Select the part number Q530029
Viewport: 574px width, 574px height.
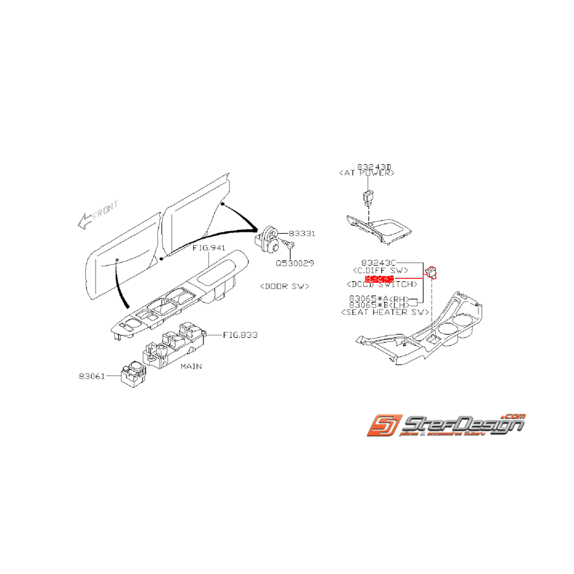pyautogui.click(x=295, y=263)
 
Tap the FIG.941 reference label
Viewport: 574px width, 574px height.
pyautogui.click(x=208, y=248)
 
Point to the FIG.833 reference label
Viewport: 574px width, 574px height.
pyautogui.click(x=240, y=335)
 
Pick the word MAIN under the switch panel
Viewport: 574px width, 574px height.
pyautogui.click(x=191, y=366)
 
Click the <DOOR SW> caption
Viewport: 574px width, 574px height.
pyautogui.click(x=284, y=286)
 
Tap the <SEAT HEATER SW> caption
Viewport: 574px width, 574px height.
pyautogui.click(x=384, y=313)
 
